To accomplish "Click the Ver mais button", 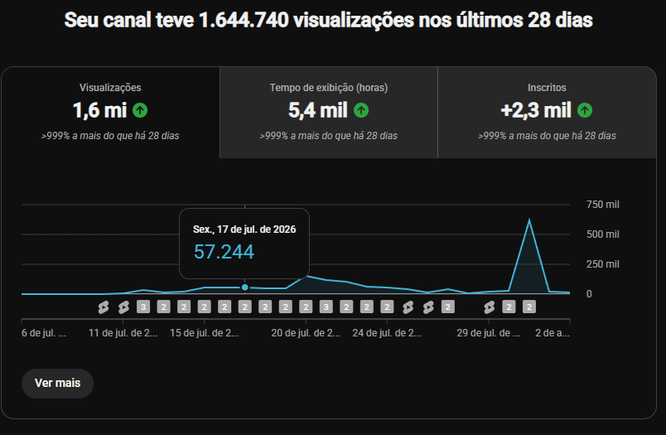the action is click(x=57, y=383).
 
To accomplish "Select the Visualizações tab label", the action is click(x=110, y=88).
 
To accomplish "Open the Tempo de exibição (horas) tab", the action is click(x=328, y=88).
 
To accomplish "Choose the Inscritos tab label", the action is click(x=547, y=88).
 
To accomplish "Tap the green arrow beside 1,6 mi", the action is click(x=140, y=110).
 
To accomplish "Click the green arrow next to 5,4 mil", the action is click(x=361, y=110).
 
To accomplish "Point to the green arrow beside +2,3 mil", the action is click(x=585, y=110).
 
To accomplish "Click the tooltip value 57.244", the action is click(x=224, y=252).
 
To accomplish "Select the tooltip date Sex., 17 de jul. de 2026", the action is click(x=244, y=230).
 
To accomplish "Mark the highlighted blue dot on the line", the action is click(x=244, y=288).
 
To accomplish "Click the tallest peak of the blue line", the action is click(x=529, y=220).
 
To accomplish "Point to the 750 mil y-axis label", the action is click(x=603, y=205).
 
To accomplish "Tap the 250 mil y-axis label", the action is click(x=603, y=263).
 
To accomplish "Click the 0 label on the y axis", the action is click(x=589, y=294).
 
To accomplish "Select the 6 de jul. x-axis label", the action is click(x=44, y=332).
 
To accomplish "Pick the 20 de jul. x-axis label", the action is click(x=306, y=332).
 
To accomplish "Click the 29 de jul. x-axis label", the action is click(x=488, y=332).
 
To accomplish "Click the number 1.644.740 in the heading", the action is click(x=244, y=20).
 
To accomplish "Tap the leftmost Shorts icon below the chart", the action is click(x=104, y=307).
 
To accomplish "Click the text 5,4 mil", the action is click(x=318, y=110).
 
